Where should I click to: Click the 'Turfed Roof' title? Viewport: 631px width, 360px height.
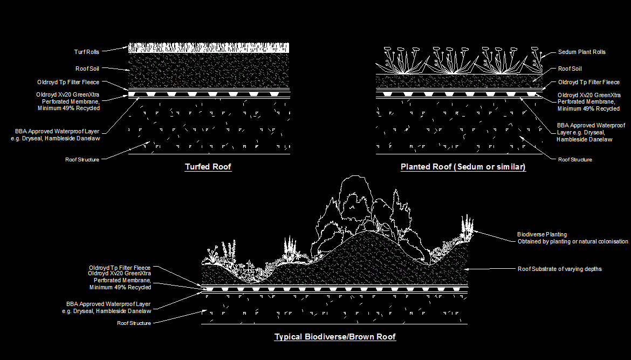(x=208, y=167)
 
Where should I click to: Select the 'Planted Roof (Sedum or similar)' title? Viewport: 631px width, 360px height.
(x=463, y=167)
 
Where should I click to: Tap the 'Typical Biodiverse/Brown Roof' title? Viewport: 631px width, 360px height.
(x=335, y=337)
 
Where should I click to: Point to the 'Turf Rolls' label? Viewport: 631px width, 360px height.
(x=86, y=52)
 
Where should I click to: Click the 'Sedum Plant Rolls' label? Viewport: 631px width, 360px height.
(x=581, y=52)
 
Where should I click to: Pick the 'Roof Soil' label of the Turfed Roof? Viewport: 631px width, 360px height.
(x=87, y=69)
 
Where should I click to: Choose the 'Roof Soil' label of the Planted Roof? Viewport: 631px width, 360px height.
(x=570, y=69)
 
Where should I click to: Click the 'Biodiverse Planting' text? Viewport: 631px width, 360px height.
(x=541, y=234)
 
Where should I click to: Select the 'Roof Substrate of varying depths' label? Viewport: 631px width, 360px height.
(x=559, y=269)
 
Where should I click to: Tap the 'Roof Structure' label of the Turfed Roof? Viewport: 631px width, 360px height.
(x=82, y=160)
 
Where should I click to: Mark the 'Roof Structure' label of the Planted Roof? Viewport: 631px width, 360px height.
(x=574, y=160)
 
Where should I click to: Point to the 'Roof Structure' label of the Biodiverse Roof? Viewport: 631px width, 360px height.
(x=134, y=323)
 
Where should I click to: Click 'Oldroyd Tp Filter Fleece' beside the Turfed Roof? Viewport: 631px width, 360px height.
(x=68, y=83)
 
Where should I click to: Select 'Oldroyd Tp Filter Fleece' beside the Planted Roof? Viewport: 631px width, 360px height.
(x=588, y=83)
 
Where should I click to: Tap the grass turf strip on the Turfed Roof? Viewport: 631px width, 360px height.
(x=209, y=48)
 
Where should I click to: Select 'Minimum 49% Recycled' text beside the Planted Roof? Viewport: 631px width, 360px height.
(x=588, y=108)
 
